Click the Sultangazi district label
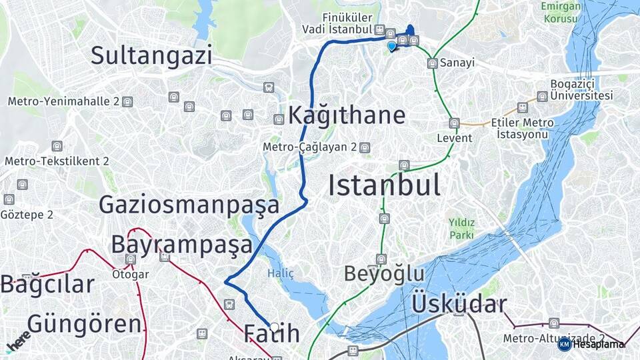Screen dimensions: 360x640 pyautogui.click(x=151, y=55)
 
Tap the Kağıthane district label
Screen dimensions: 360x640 pyautogui.click(x=347, y=115)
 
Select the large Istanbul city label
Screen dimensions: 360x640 pyautogui.click(x=384, y=185)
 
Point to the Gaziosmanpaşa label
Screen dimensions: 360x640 pyautogui.click(x=189, y=205)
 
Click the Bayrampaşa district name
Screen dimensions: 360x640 pyautogui.click(x=181, y=245)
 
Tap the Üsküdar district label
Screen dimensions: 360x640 pyautogui.click(x=459, y=304)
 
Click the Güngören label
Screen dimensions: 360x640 pyautogui.click(x=84, y=325)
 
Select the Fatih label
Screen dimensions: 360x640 pyautogui.click(x=271, y=333)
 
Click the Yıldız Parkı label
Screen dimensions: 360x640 pyautogui.click(x=461, y=228)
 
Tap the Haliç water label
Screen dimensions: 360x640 pyautogui.click(x=280, y=273)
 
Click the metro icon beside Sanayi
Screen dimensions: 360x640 pyautogui.click(x=433, y=63)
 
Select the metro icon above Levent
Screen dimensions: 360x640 pyautogui.click(x=454, y=123)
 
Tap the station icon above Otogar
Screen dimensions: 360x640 pyautogui.click(x=131, y=259)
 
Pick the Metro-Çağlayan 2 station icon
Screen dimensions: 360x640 pyautogui.click(x=364, y=147)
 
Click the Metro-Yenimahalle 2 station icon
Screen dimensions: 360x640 pyautogui.click(x=127, y=102)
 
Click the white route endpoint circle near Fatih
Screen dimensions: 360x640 pyautogui.click(x=274, y=327)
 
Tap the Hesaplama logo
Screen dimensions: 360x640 pyautogui.click(x=592, y=344)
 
